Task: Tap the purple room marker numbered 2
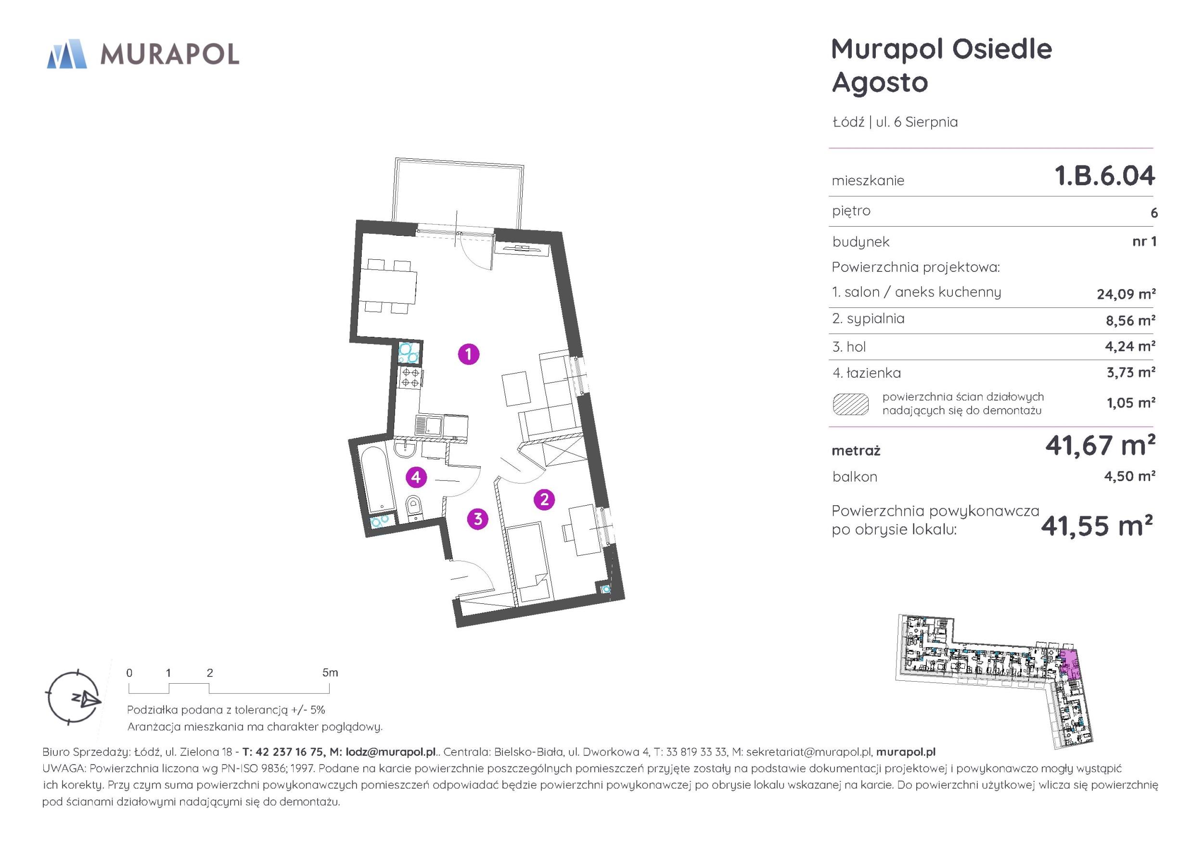click(x=544, y=499)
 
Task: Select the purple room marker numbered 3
click(x=478, y=519)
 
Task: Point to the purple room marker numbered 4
click(x=416, y=477)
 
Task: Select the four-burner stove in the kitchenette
click(x=410, y=378)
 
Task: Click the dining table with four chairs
click(x=391, y=287)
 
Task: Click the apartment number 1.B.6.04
click(x=1105, y=175)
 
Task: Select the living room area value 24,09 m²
click(x=1126, y=294)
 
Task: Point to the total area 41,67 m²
click(x=1100, y=445)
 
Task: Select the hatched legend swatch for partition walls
click(x=851, y=404)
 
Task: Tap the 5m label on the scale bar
click(x=330, y=673)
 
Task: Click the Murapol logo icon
click(x=67, y=54)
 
